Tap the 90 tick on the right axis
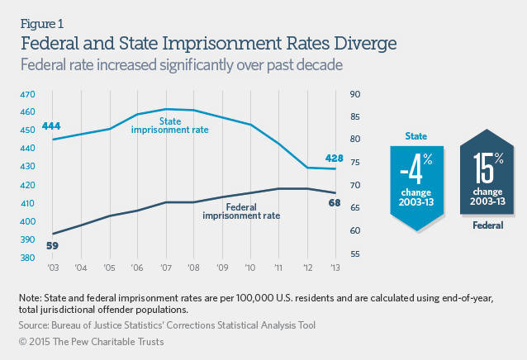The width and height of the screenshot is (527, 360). (356, 94)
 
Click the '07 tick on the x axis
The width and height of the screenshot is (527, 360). (167, 268)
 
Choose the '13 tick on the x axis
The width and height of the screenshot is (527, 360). (335, 268)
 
